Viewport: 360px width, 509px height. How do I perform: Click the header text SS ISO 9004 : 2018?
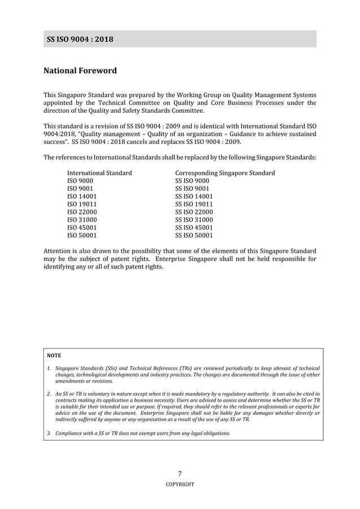tap(80, 39)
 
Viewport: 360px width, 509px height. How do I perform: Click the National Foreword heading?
tap(80, 71)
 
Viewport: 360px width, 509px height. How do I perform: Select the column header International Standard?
tap(99, 173)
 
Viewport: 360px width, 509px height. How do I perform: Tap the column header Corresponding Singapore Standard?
tap(225, 173)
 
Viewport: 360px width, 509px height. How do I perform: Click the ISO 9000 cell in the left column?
tap(80, 181)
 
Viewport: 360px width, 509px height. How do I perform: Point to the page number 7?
tap(180, 473)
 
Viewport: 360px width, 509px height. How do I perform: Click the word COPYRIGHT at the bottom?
tap(180, 484)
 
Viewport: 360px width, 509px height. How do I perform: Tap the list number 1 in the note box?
tap(49, 368)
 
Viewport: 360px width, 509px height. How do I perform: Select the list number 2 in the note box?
tap(49, 393)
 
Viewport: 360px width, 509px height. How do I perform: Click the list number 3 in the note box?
tap(49, 433)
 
